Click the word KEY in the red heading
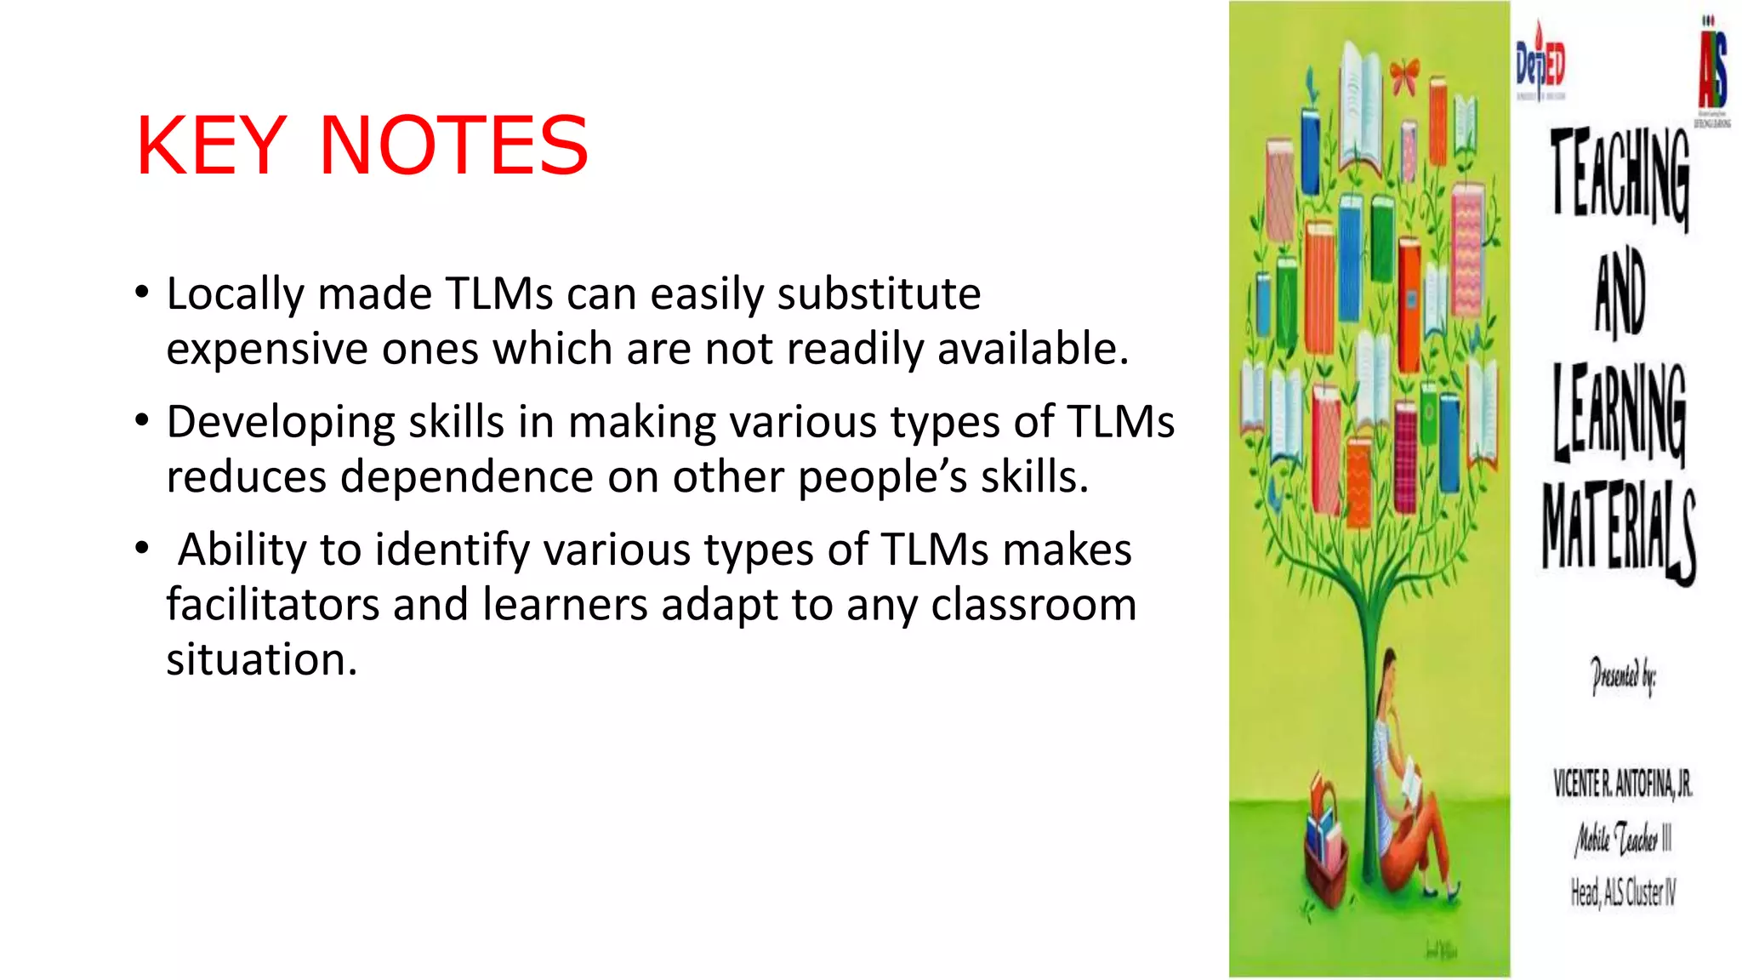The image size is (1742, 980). (x=211, y=146)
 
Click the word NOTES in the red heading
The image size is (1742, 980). (x=453, y=146)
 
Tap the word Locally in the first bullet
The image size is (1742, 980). (x=235, y=294)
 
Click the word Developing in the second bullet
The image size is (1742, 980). (x=281, y=423)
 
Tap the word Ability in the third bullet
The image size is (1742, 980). (x=242, y=550)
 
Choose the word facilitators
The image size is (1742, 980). (x=272, y=605)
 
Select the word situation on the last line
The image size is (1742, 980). (x=261, y=660)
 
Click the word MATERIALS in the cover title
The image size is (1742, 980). (x=1619, y=531)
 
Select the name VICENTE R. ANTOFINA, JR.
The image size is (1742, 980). (x=1623, y=783)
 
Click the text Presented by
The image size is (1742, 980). (x=1623, y=677)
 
